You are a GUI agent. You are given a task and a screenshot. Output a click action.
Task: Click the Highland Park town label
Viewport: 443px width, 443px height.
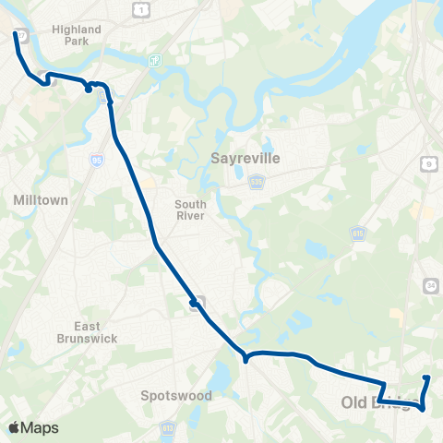[x=77, y=35]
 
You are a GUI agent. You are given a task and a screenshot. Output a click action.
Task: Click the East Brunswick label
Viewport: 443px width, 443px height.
[x=101, y=331]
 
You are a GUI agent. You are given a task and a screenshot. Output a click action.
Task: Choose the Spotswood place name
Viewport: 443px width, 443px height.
[x=176, y=396]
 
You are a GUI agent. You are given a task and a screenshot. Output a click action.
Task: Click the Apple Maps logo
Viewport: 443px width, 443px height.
[x=33, y=428]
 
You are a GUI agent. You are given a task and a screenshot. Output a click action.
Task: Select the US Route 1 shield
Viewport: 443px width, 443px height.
[x=140, y=8]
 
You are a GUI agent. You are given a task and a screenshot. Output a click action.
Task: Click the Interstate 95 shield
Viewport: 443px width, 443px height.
[x=98, y=160]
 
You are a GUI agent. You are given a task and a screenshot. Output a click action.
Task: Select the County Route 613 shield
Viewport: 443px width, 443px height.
[x=168, y=428]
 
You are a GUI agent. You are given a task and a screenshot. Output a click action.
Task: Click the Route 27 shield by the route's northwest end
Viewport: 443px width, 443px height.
[x=22, y=35]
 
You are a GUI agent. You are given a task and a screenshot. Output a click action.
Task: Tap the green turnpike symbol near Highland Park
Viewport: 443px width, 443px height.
[x=154, y=61]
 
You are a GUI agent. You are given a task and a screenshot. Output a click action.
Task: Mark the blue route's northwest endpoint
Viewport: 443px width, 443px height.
[x=15, y=33]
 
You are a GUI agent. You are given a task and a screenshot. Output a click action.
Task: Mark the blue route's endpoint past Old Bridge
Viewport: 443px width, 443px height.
[x=426, y=377]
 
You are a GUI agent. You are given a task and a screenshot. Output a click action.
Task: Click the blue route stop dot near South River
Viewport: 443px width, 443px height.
[x=193, y=303]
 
